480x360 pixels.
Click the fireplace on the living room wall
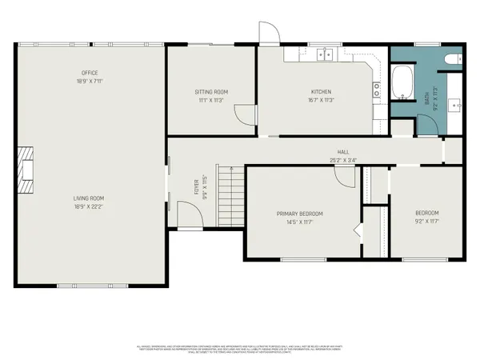(x=27, y=170)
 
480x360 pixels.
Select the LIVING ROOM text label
(x=88, y=198)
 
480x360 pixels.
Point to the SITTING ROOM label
(x=211, y=92)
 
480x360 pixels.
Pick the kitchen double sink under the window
(x=325, y=54)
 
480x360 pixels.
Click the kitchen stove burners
(x=376, y=90)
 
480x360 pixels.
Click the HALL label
(x=343, y=152)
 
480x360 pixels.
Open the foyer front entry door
(x=187, y=216)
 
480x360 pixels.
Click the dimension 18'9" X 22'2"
(x=88, y=206)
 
